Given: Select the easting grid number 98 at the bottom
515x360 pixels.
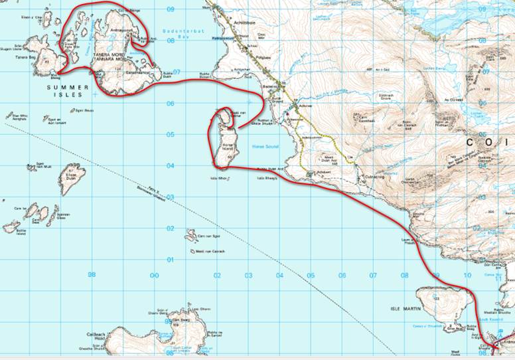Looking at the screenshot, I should [x=92, y=274].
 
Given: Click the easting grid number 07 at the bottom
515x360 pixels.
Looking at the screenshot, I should [x=373, y=274].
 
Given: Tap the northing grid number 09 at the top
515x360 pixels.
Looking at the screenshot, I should [x=170, y=9].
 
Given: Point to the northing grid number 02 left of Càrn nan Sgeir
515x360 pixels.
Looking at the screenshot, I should [x=170, y=228].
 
